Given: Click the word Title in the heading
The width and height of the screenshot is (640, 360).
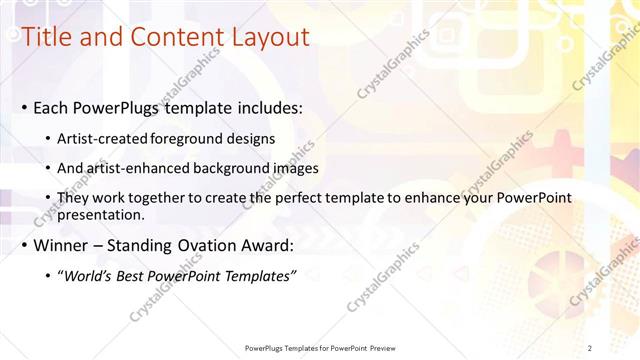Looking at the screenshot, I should tap(46, 38).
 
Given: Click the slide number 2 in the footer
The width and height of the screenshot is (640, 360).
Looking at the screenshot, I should tap(589, 347).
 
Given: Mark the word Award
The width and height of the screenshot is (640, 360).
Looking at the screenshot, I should tap(265, 245).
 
